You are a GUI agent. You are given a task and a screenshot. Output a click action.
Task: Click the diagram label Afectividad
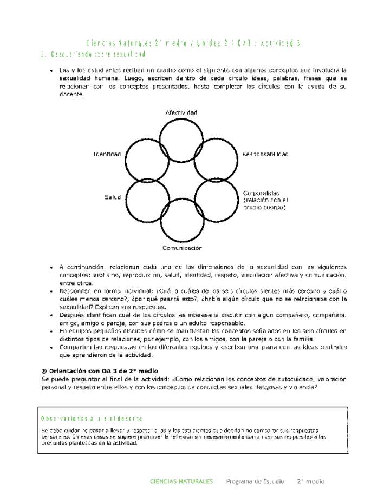(181, 112)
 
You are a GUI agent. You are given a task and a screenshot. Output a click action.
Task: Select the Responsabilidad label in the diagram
(265, 154)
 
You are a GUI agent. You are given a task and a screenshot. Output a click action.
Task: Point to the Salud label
(113, 197)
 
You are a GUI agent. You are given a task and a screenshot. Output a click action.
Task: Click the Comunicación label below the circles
(182, 248)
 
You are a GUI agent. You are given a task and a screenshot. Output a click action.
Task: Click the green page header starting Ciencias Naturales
(193, 43)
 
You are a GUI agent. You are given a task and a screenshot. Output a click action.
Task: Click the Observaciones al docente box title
(92, 419)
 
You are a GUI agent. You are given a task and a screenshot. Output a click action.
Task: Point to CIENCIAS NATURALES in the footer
(181, 481)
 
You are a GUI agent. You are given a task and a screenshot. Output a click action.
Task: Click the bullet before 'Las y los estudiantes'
(50, 71)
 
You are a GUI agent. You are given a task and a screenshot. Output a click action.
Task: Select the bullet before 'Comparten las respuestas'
(50, 347)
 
